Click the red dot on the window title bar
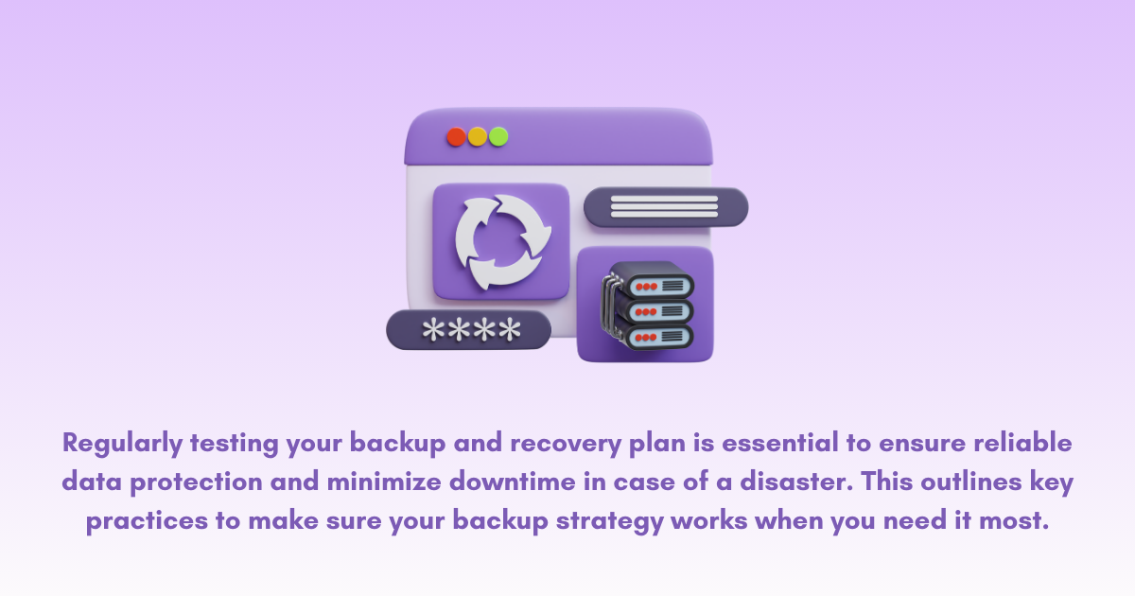(456, 136)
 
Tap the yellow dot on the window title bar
(478, 136)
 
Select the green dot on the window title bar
(498, 136)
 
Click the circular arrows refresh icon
(501, 241)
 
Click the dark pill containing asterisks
(469, 330)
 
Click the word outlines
(965, 482)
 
